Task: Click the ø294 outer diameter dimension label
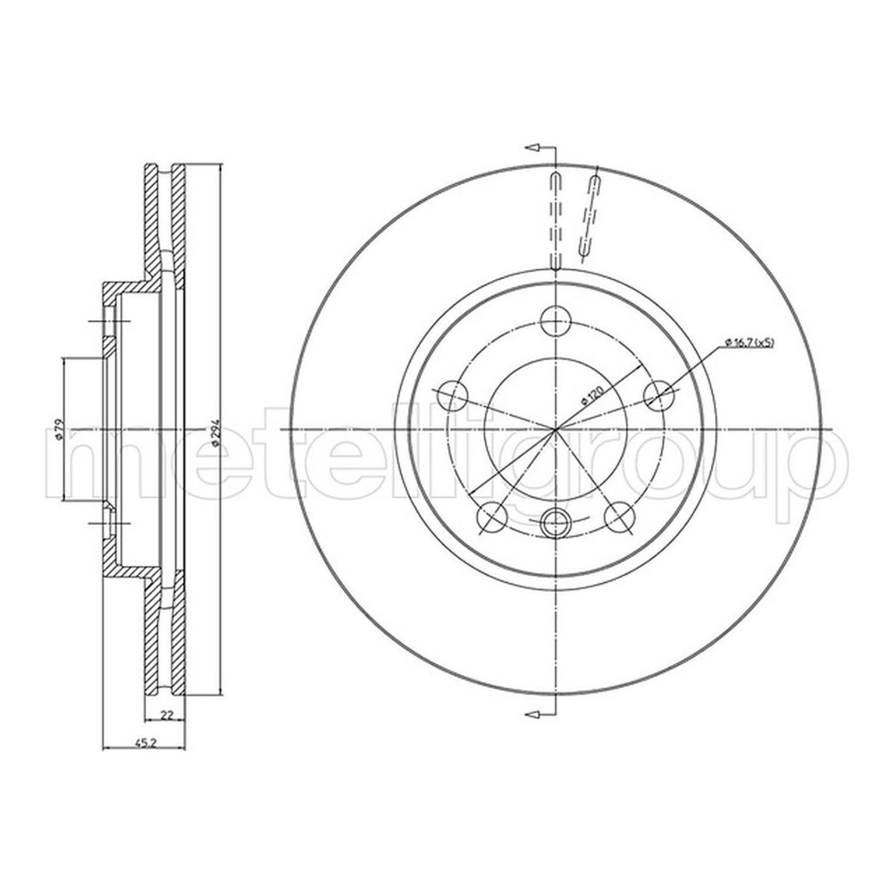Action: coord(216,431)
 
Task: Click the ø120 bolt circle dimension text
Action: coord(592,396)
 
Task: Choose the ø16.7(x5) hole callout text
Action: coord(749,343)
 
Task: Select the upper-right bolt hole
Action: coord(659,395)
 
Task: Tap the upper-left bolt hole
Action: coord(451,395)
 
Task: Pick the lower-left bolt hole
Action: coord(492,516)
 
